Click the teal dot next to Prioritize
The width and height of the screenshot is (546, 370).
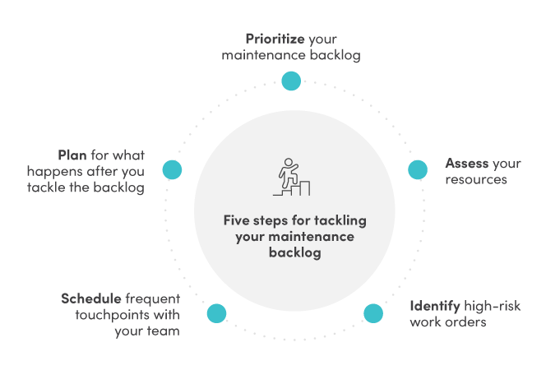pyautogui.click(x=291, y=81)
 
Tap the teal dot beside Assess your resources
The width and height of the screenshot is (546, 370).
pyautogui.click(x=418, y=170)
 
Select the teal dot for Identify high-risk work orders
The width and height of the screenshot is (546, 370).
pyautogui.click(x=373, y=313)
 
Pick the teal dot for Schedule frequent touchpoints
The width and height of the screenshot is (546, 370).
pyautogui.click(x=216, y=313)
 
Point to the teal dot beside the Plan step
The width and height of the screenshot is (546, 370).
pyautogui.click(x=172, y=170)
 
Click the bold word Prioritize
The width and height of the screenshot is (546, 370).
pyautogui.click(x=275, y=39)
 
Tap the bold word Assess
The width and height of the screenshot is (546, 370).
pyautogui.click(x=466, y=163)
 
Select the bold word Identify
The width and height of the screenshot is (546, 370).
pyautogui.click(x=435, y=306)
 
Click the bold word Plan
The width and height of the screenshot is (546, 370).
pyautogui.click(x=72, y=155)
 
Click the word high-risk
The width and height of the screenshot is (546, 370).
pyautogui.click(x=493, y=306)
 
